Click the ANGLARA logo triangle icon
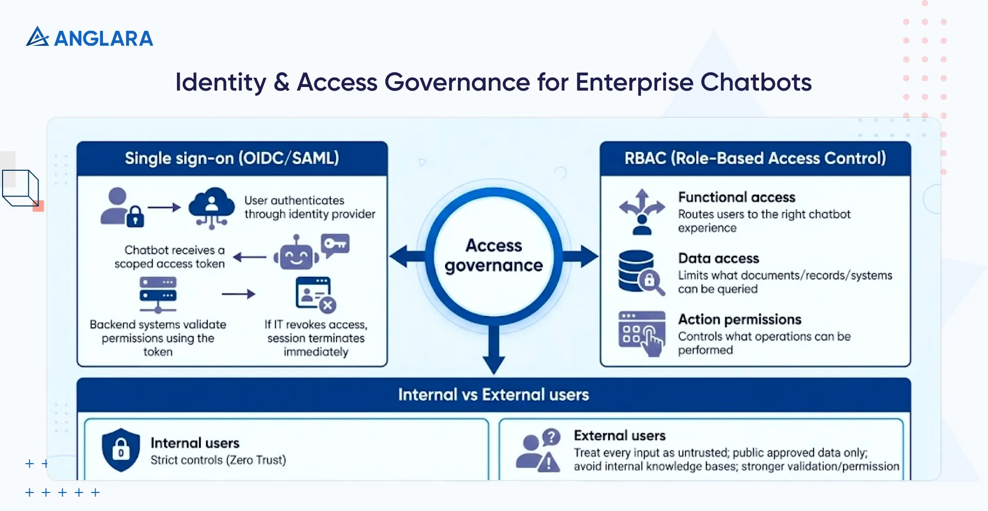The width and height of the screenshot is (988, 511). (37, 37)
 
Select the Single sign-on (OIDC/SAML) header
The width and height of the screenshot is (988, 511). (232, 158)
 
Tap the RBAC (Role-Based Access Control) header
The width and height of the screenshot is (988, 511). (755, 158)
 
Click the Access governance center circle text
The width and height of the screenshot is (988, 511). (493, 255)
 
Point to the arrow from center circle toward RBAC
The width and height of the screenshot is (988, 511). (581, 256)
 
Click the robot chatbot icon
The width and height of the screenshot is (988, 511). (296, 253)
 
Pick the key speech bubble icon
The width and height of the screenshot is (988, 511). (336, 244)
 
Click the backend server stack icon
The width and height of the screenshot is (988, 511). (158, 295)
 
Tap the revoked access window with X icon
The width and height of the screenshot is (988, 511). (315, 295)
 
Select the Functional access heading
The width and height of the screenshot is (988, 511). (736, 197)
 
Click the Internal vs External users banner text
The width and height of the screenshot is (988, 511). (493, 395)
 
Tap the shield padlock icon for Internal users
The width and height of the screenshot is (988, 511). (121, 450)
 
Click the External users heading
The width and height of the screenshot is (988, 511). (620, 436)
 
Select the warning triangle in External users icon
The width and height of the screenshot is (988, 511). (550, 463)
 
